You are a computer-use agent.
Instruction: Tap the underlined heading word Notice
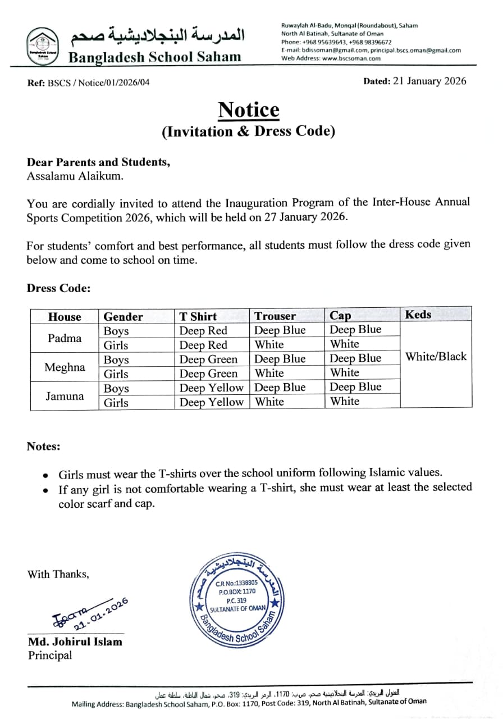click(248, 110)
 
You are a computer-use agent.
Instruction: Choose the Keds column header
click(418, 315)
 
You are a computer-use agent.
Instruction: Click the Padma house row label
click(65, 338)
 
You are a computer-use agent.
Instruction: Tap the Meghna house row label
click(65, 367)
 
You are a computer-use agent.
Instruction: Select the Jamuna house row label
click(65, 396)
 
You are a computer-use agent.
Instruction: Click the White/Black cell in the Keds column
click(436, 357)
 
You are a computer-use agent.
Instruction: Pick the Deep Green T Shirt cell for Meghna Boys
click(208, 359)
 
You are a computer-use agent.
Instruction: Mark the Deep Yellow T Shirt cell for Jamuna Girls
click(211, 402)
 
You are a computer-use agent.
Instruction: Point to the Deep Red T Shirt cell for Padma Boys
click(203, 331)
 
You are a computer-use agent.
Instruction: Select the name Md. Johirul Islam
click(75, 641)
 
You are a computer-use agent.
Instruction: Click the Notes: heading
click(43, 447)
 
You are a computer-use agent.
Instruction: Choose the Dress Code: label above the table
click(58, 288)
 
